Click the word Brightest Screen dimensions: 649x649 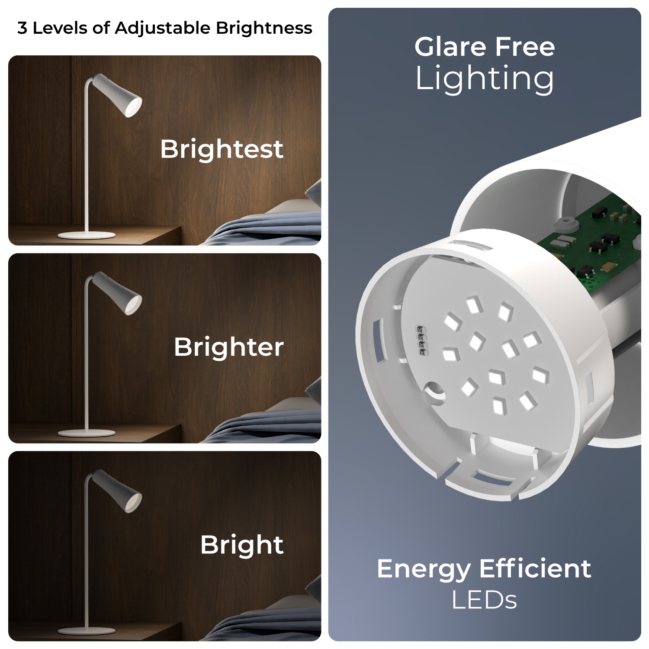(222, 149)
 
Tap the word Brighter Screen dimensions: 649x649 (229, 347)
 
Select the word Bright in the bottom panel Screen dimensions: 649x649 (242, 545)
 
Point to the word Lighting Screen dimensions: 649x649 (485, 80)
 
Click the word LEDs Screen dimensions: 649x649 (485, 600)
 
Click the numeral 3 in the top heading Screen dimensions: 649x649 (22, 29)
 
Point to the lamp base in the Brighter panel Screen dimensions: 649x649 (87, 433)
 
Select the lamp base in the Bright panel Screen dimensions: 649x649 (87, 631)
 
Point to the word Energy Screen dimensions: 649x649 (424, 570)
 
